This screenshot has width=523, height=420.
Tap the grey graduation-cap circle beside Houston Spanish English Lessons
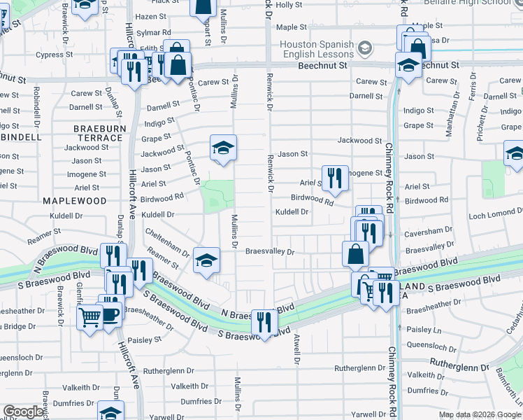pyautogui.click(x=364, y=48)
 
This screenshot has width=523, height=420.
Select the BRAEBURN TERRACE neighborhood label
pyautogui.click(x=99, y=133)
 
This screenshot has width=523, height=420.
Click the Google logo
pyautogui.click(x=24, y=412)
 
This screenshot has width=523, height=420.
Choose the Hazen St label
pyautogui.click(x=151, y=16)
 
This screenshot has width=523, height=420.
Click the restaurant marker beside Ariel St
pyautogui.click(x=335, y=178)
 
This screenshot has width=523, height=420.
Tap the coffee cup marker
pyautogui.click(x=110, y=314)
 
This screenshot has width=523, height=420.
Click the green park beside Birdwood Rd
pyautogui.click(x=218, y=195)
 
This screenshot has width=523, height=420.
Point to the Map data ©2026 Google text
pyautogui.click(x=480, y=414)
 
